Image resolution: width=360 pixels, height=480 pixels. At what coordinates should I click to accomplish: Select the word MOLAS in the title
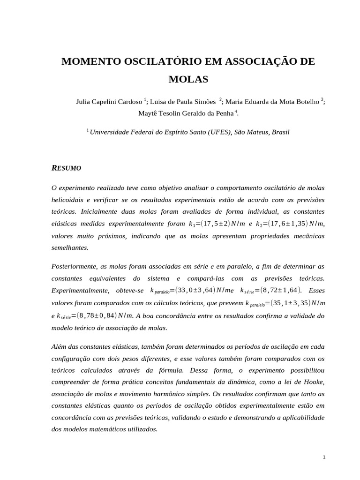188,79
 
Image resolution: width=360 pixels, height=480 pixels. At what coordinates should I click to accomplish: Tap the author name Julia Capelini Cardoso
109,101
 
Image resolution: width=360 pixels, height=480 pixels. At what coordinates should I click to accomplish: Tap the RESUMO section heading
66,167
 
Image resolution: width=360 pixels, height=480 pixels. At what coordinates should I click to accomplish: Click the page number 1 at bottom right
323,457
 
